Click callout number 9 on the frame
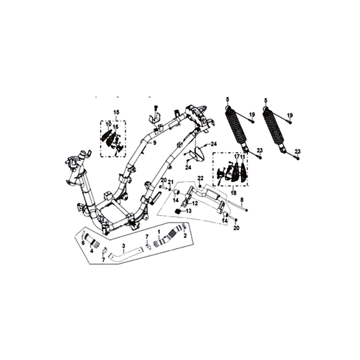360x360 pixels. (155, 143)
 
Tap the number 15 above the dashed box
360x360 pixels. (116, 112)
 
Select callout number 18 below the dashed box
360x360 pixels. (234, 193)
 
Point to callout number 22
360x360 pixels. (201, 178)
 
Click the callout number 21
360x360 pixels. (170, 182)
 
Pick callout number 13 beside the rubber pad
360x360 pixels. (189, 211)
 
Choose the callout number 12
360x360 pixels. (195, 203)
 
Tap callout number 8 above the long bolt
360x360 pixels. (242, 200)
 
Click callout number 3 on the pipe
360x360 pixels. (124, 246)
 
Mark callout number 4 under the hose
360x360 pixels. (91, 251)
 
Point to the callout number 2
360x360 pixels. (185, 235)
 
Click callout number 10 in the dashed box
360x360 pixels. (108, 125)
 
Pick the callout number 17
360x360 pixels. (237, 156)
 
